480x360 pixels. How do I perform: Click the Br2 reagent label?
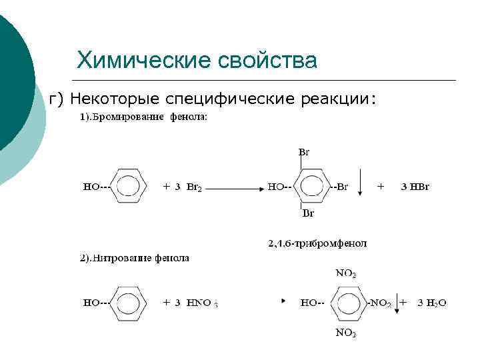pyautogui.click(x=193, y=187)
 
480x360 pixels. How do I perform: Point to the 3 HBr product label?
pyautogui.click(x=415, y=187)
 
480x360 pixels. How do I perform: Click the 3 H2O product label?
pyautogui.click(x=431, y=303)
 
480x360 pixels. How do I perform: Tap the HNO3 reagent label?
pyautogui.click(x=202, y=303)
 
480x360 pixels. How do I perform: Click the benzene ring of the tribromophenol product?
pyautogui.click(x=311, y=186)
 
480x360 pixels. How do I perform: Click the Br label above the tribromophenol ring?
pyautogui.click(x=303, y=152)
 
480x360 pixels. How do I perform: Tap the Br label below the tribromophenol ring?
pyautogui.click(x=308, y=214)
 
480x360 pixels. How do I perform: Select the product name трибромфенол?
pyautogui.click(x=317, y=243)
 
